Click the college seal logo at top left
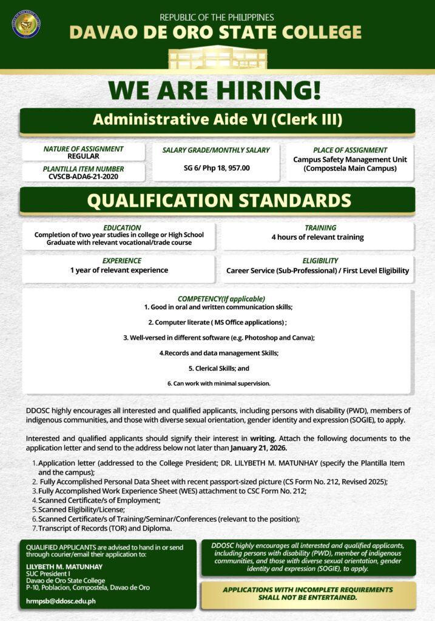[x=26, y=24]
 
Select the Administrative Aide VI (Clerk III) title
[x=217, y=119]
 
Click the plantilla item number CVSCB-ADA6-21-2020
[x=83, y=176]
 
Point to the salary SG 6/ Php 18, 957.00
[x=217, y=167]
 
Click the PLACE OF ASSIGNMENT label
[x=350, y=150]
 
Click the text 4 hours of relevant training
[x=317, y=237]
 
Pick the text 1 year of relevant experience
[x=119, y=270]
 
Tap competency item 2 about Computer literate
[x=217, y=322]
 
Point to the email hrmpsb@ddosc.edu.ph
[x=61, y=601]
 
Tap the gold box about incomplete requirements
[x=308, y=594]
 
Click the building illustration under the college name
[x=217, y=58]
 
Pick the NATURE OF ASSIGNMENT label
[x=83, y=149]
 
